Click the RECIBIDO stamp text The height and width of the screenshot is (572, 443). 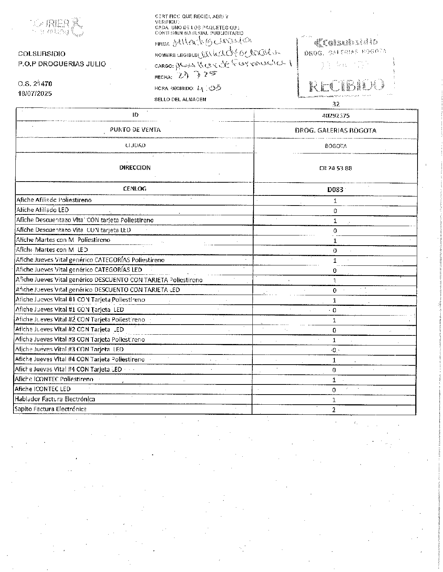click(x=346, y=86)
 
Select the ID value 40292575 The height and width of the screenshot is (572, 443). click(x=336, y=116)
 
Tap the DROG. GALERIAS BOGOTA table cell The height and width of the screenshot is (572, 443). click(x=336, y=131)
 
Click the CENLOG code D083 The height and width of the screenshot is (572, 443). click(x=335, y=189)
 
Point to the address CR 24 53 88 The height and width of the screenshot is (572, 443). click(x=336, y=168)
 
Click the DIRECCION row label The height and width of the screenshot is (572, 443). click(x=135, y=168)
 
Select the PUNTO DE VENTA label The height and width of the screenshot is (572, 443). click(x=135, y=130)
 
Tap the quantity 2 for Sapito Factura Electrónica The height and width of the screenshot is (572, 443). click(x=334, y=410)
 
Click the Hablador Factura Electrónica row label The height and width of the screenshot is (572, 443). click(x=55, y=399)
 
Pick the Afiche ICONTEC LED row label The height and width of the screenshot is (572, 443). click(x=42, y=389)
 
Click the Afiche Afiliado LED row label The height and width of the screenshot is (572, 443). click(x=42, y=210)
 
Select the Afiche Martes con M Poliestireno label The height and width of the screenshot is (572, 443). click(x=63, y=240)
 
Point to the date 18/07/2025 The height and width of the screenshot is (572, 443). click(x=35, y=94)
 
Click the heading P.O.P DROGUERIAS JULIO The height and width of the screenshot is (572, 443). click(x=62, y=64)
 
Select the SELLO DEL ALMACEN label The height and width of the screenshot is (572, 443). click(x=180, y=99)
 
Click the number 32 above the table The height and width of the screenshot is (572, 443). click(x=336, y=104)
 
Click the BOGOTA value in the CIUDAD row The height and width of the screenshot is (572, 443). click(x=336, y=146)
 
